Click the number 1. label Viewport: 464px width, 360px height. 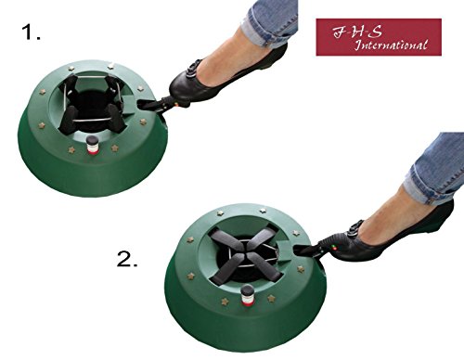[31, 32]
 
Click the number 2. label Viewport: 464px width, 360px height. [127, 259]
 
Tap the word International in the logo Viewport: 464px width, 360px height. [391, 45]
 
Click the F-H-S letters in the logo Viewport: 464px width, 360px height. [357, 32]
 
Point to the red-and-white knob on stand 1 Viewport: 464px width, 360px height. [92, 146]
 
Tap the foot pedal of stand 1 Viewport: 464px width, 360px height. [156, 105]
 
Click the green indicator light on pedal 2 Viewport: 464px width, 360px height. [333, 246]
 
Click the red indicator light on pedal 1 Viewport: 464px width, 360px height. [175, 105]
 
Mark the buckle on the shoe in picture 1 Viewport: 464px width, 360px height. [193, 67]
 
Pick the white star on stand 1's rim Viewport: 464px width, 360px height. [110, 65]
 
